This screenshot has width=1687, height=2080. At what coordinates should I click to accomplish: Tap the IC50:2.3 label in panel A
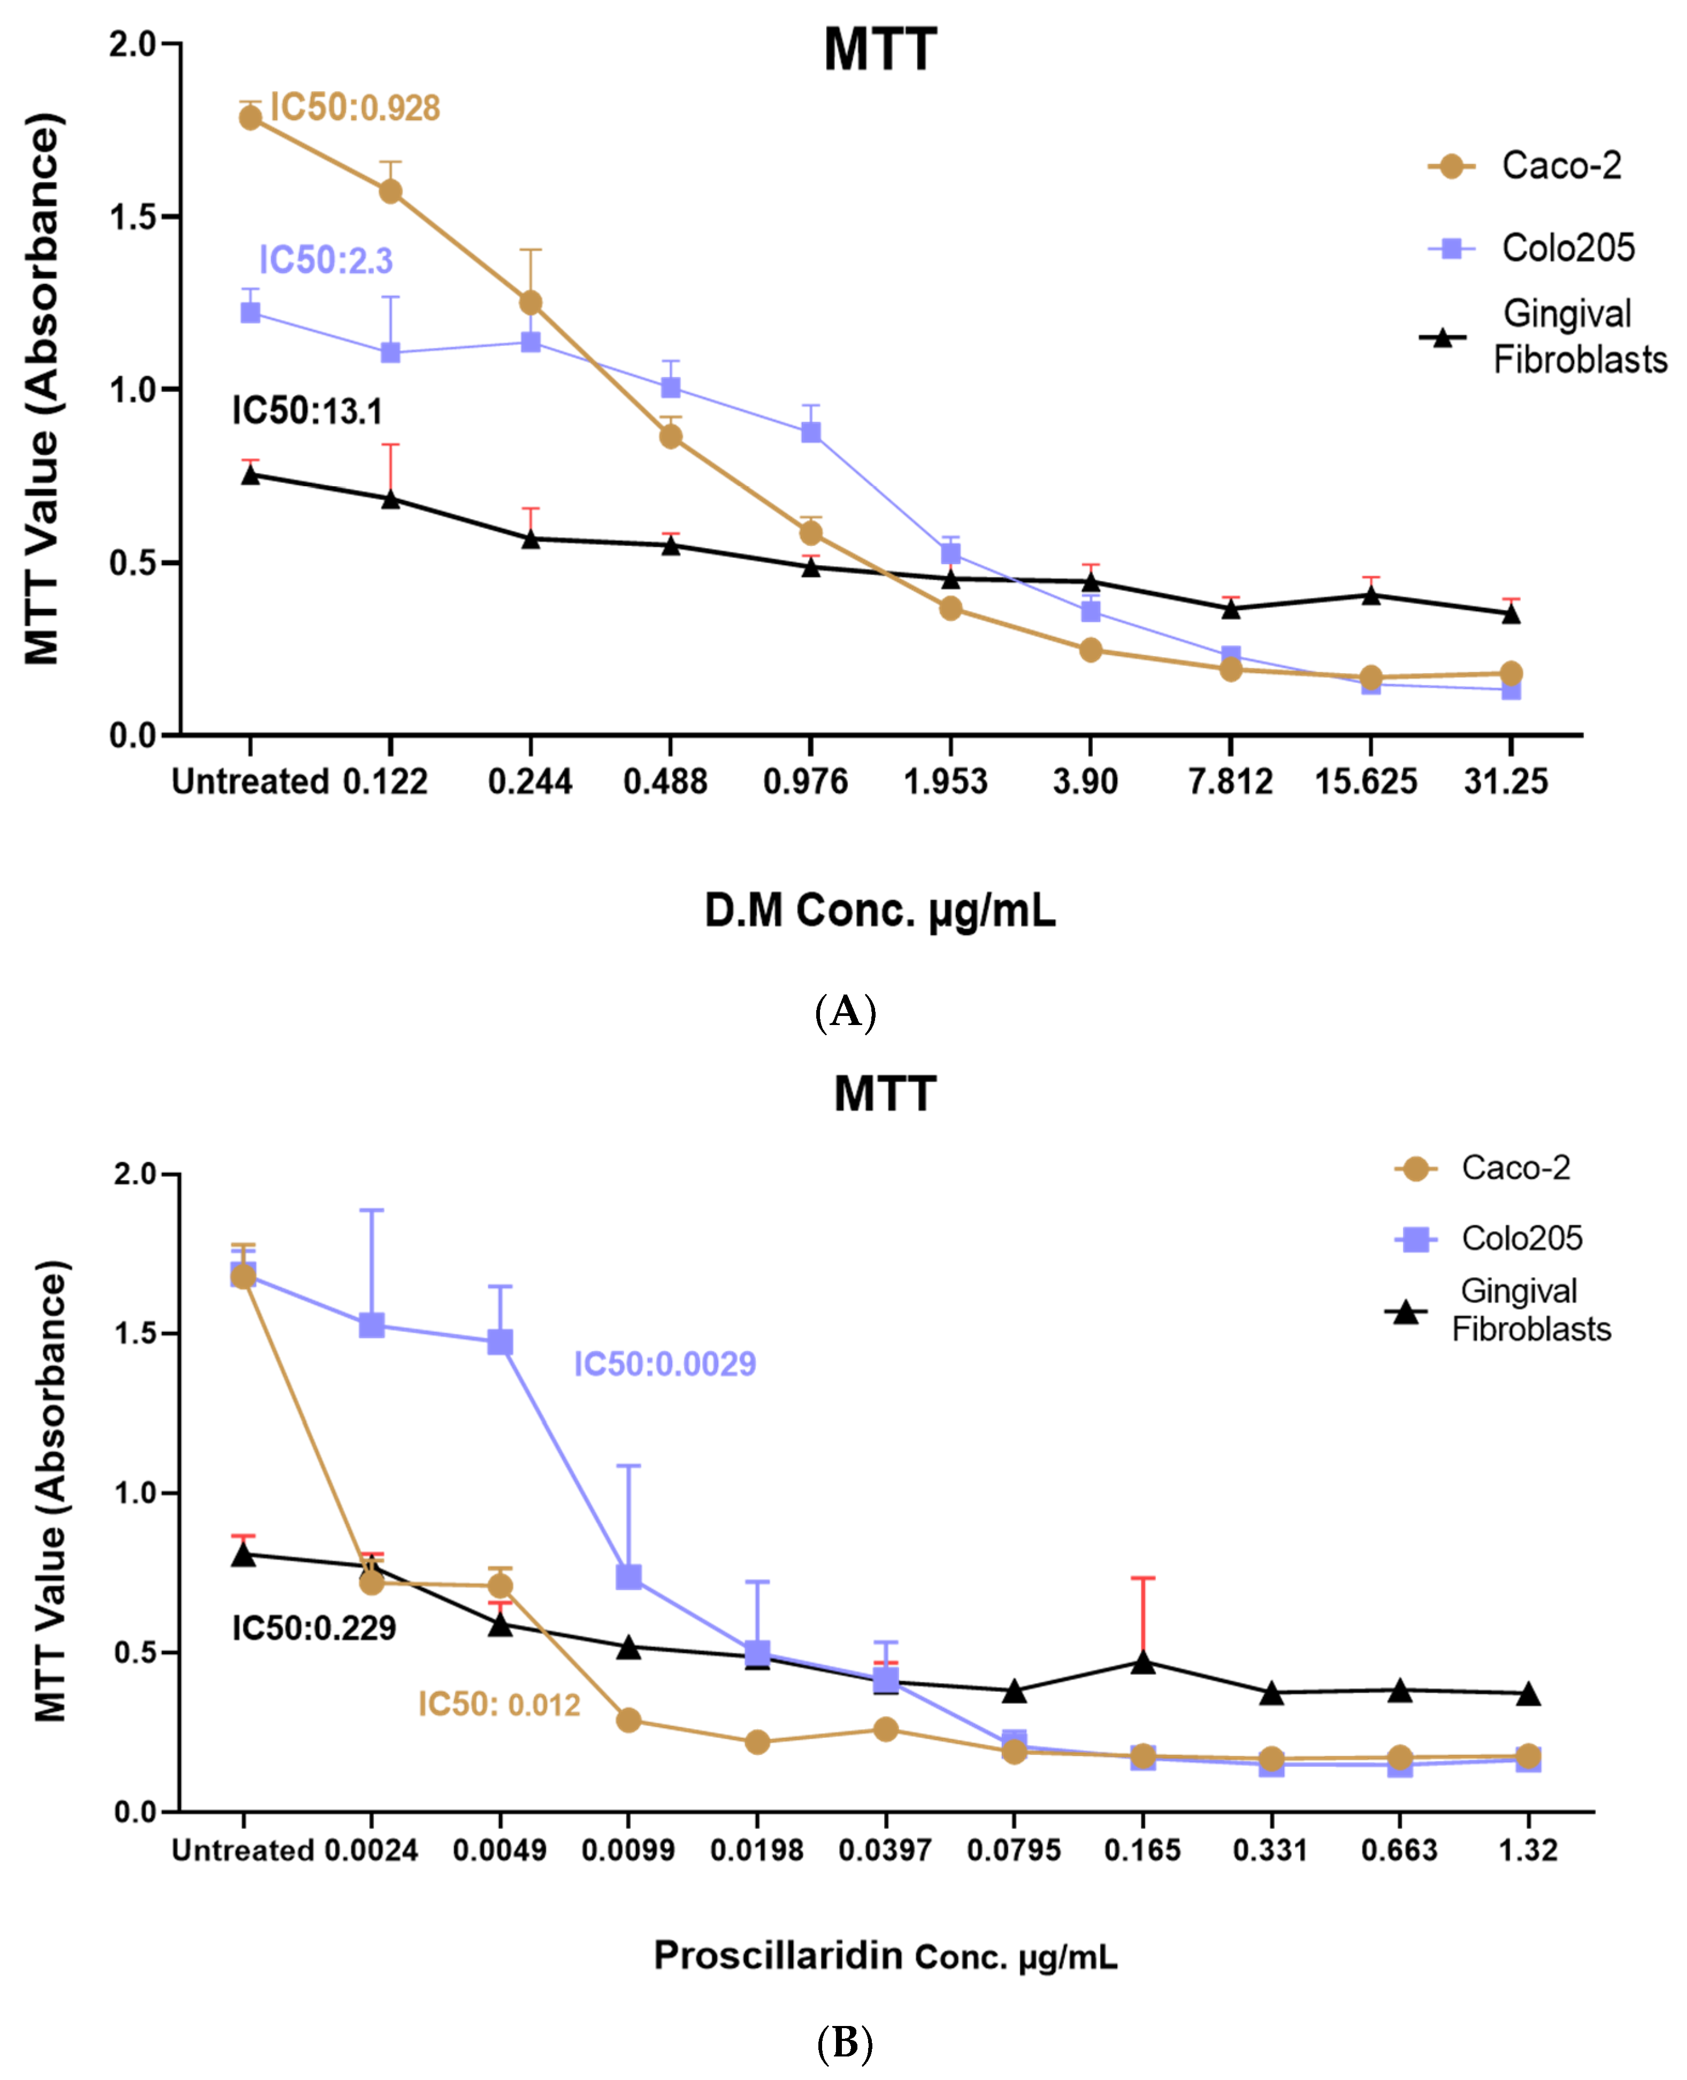[x=326, y=260]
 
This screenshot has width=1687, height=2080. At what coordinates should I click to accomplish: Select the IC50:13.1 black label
[x=307, y=411]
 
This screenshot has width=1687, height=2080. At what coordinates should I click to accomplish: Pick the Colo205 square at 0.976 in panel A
[x=810, y=433]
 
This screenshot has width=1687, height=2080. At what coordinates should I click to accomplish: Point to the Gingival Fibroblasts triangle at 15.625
[x=1370, y=595]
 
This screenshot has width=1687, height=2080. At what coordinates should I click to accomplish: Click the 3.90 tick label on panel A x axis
[x=1085, y=781]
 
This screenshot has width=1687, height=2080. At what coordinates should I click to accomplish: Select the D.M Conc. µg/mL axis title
[x=879, y=910]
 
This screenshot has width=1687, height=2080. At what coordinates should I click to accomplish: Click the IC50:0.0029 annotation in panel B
[x=665, y=1364]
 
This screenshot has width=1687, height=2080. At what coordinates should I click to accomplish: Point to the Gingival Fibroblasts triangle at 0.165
[x=1143, y=1662]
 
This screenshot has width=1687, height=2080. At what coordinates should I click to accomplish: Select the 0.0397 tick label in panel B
[x=884, y=1850]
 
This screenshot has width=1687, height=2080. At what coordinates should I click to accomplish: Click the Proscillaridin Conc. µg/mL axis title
[x=885, y=1955]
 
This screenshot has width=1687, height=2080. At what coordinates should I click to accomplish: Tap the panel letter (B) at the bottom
[x=845, y=2043]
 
